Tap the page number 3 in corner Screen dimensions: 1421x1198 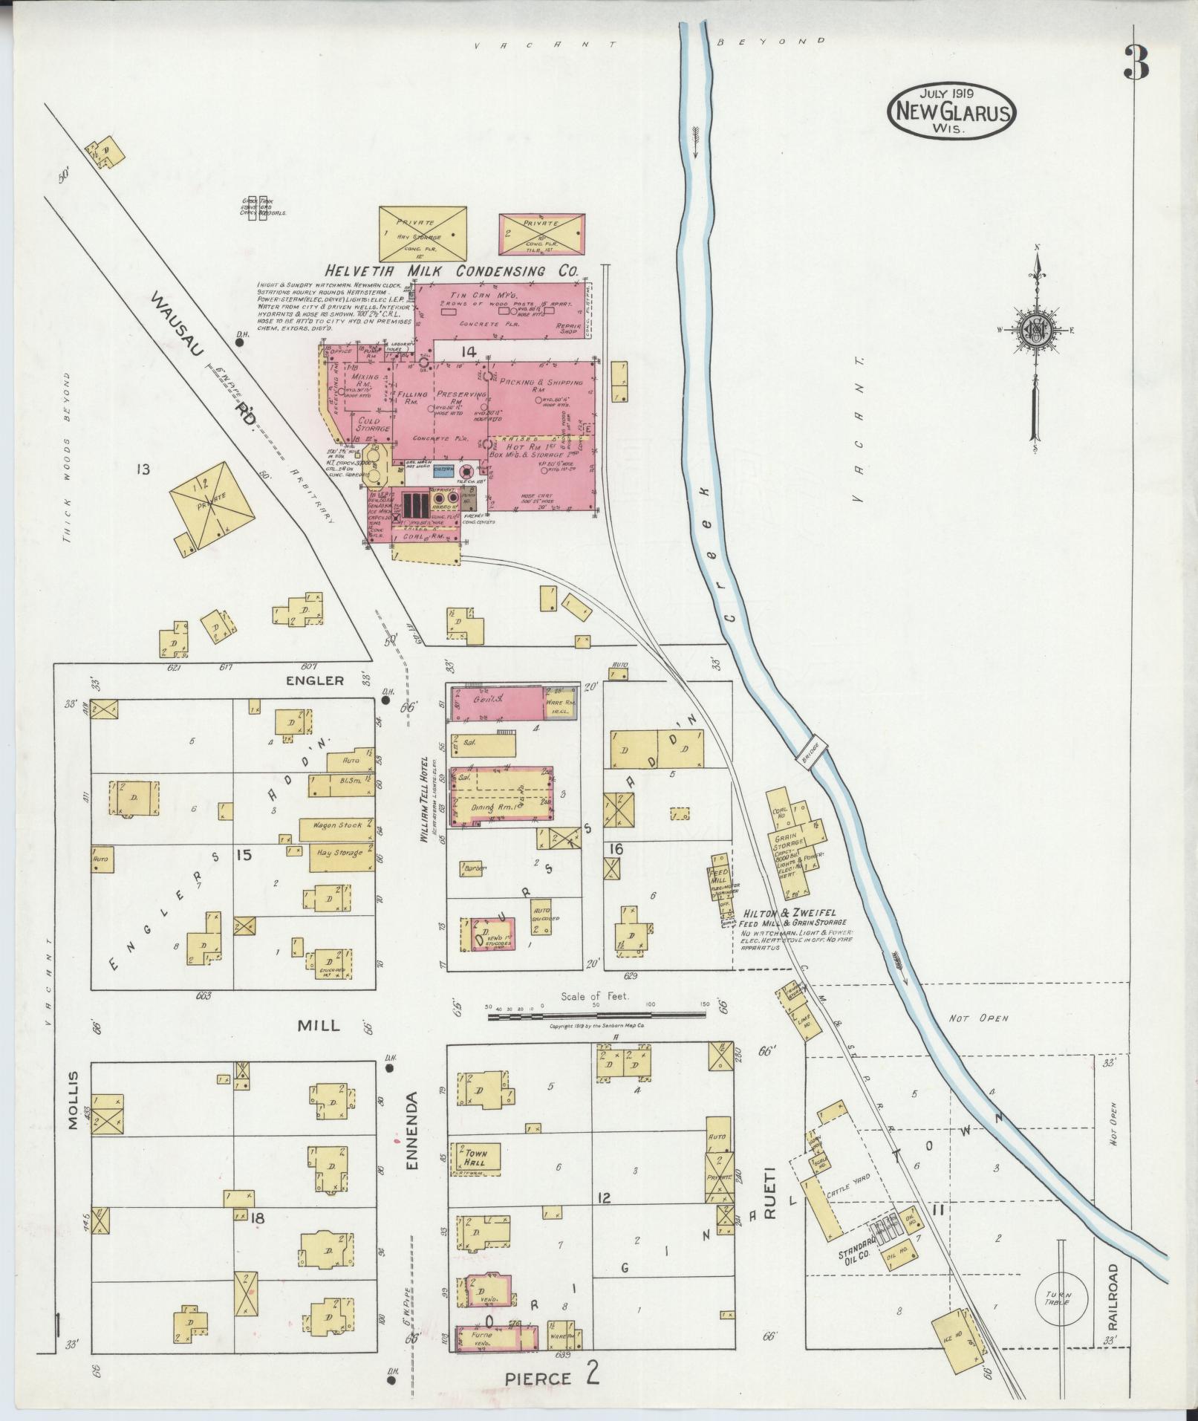[1136, 64]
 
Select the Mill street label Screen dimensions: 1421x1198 [319, 1025]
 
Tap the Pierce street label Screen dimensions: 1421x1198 [539, 1378]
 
